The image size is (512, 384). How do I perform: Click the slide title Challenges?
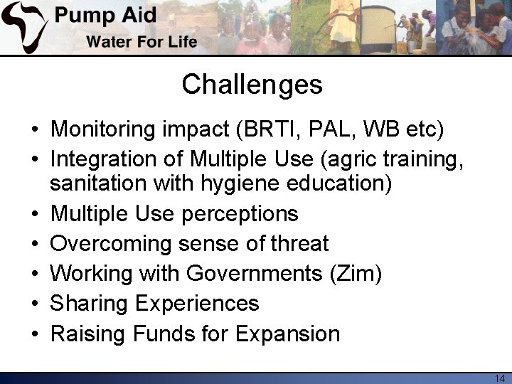(252, 85)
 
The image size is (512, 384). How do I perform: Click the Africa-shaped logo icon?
(25, 27)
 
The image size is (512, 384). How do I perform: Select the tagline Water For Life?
(142, 41)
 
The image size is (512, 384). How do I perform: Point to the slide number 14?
(498, 378)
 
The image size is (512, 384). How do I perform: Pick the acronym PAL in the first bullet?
(334, 129)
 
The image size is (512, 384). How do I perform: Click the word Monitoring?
(104, 129)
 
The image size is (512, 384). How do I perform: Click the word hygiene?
(247, 183)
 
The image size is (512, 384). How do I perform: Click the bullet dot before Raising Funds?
(34, 334)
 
